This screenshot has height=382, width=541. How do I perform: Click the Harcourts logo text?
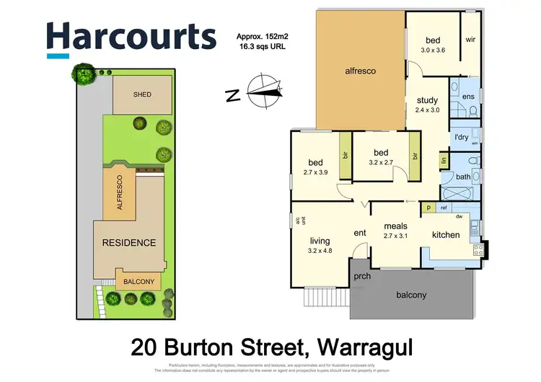pyautogui.click(x=131, y=36)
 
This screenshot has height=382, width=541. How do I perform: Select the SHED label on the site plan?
pyautogui.click(x=141, y=94)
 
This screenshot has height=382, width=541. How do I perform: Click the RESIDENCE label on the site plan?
pyautogui.click(x=128, y=242)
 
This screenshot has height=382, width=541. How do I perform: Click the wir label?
pyautogui.click(x=470, y=40)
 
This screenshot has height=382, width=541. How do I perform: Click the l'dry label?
pyautogui.click(x=462, y=137)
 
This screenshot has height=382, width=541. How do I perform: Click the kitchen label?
pyautogui.click(x=446, y=235)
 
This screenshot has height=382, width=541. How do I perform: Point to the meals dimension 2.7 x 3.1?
pyautogui.click(x=396, y=236)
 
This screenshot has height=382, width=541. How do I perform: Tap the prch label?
pyautogui.click(x=361, y=277)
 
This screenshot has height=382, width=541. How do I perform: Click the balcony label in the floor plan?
pyautogui.click(x=411, y=295)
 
